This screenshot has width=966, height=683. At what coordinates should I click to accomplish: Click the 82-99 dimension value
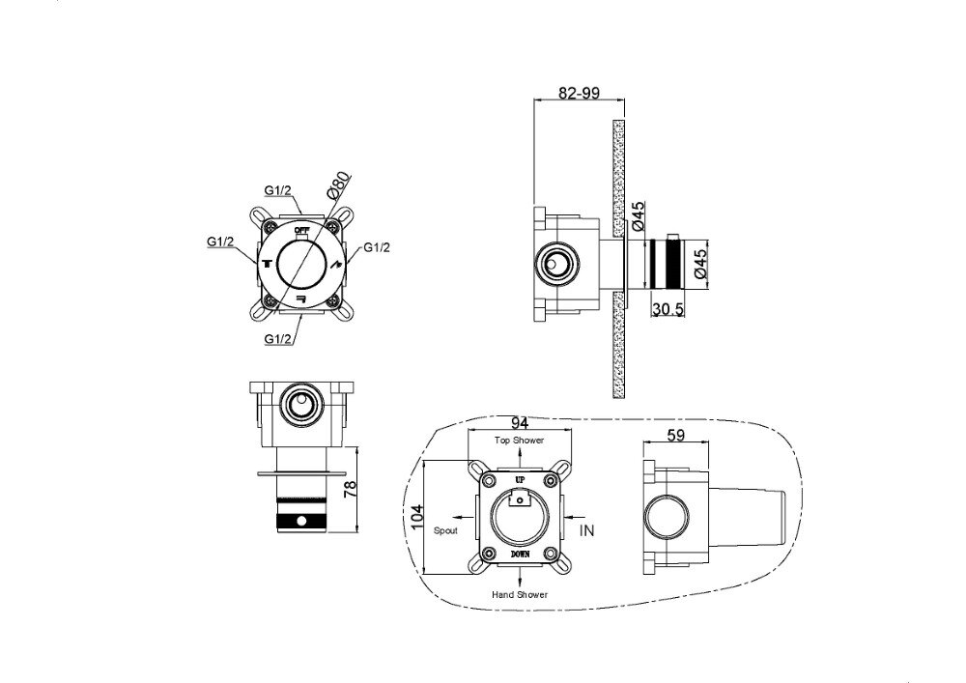click(579, 93)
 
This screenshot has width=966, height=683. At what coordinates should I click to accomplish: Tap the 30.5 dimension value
click(668, 309)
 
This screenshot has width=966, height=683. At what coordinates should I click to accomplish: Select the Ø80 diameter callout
click(338, 185)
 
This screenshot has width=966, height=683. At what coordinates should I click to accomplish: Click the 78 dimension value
click(350, 490)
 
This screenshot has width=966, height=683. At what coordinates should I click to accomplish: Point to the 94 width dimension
click(520, 423)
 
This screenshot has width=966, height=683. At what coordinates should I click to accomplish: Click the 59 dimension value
click(676, 435)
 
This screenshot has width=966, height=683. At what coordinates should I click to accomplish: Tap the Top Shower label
click(520, 441)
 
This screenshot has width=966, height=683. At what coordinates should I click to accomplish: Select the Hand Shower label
click(520, 594)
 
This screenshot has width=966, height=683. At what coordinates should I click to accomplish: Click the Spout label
click(445, 530)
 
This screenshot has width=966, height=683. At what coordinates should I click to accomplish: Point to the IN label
click(587, 530)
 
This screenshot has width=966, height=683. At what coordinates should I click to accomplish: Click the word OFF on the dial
click(301, 230)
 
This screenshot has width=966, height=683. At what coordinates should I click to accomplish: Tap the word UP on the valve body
click(520, 479)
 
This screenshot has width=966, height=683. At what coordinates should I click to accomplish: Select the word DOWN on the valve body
click(520, 555)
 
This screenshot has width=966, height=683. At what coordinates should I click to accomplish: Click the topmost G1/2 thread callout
click(278, 190)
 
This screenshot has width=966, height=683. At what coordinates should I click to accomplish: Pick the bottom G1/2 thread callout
click(278, 339)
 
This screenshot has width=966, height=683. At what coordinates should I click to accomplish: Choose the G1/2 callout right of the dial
click(377, 247)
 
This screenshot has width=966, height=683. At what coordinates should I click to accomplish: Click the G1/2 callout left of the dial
click(220, 242)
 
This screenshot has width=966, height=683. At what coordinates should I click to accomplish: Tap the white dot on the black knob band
click(301, 521)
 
